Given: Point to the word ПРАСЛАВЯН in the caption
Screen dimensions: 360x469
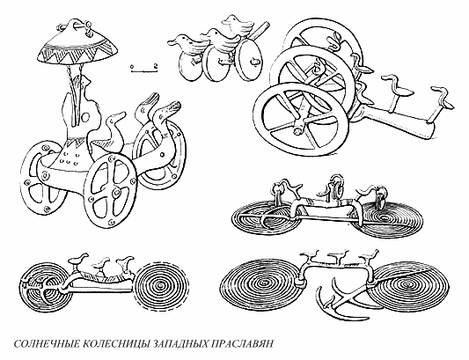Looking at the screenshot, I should point(263,342).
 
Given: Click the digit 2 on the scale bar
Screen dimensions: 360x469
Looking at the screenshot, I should point(154,66).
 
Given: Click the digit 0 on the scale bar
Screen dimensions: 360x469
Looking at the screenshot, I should point(131,66).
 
